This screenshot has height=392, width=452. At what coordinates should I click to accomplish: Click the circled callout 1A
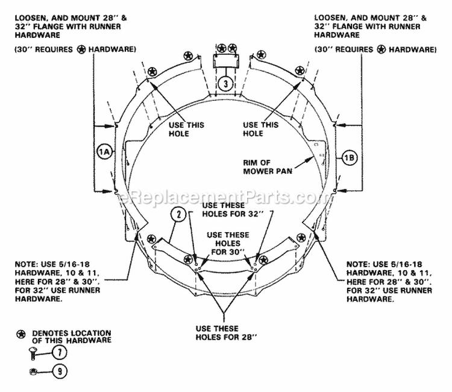click(x=104, y=151)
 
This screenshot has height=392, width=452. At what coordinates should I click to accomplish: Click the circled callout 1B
click(x=350, y=158)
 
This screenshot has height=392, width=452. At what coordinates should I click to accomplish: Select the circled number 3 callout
click(x=226, y=84)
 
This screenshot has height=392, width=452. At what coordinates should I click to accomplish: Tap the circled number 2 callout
click(x=179, y=214)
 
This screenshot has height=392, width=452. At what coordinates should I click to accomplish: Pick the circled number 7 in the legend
click(x=60, y=353)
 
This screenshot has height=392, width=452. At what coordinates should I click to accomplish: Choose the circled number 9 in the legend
click(x=60, y=371)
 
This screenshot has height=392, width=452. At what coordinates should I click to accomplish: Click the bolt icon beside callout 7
click(x=33, y=353)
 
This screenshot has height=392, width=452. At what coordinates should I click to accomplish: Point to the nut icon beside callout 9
click(x=33, y=372)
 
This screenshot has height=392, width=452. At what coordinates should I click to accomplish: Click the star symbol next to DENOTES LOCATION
click(x=21, y=334)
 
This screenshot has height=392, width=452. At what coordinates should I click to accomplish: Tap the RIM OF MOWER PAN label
click(x=268, y=166)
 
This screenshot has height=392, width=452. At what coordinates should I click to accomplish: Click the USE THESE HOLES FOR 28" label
click(x=226, y=333)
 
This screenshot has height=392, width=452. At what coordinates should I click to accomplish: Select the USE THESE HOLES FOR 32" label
click(x=233, y=210)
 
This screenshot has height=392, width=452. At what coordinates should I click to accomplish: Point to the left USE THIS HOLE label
click(x=186, y=129)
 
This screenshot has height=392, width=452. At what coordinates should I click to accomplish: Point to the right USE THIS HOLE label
click(x=260, y=129)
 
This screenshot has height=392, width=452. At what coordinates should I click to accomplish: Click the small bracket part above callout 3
click(x=226, y=62)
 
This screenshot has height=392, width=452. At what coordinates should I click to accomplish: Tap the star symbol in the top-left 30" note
click(x=81, y=49)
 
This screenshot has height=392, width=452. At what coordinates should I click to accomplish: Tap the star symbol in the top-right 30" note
click(x=381, y=49)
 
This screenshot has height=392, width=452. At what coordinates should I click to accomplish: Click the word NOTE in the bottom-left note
click(x=24, y=264)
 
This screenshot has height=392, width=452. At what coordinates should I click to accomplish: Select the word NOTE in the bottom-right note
click(x=356, y=264)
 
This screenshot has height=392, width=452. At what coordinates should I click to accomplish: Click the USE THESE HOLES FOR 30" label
click(x=228, y=244)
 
